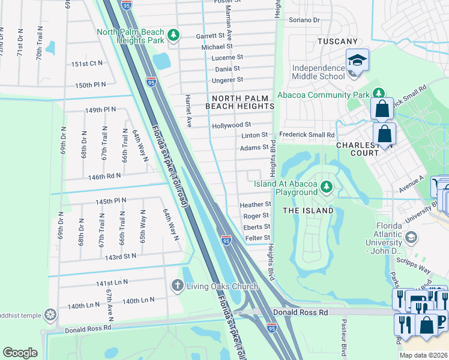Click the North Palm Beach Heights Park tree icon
(173, 35)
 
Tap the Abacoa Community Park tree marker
(379, 94)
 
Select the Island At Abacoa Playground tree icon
(327, 187)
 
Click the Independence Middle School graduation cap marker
(357, 60)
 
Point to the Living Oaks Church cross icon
(177, 284)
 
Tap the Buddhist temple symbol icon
(50, 314)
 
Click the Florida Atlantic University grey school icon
(411, 237)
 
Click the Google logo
(20, 353)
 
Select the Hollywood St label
(231, 125)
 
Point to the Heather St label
(256, 205)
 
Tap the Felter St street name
(258, 238)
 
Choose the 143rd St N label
(121, 256)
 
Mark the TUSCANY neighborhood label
(337, 41)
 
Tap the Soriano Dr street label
(304, 20)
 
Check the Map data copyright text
(423, 355)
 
